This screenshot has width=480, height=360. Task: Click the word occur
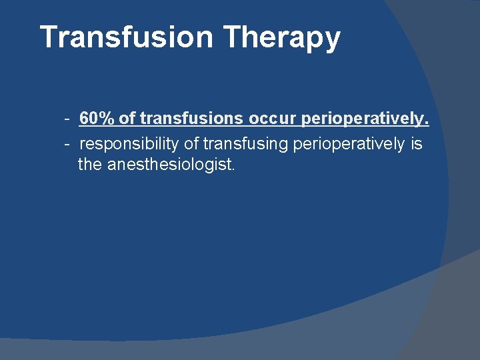(273, 120)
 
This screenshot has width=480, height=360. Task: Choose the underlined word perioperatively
(365, 119)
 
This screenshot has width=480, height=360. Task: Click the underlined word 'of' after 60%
(127, 119)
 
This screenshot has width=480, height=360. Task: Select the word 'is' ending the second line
(417, 143)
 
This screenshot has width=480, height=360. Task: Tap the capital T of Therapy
(231, 37)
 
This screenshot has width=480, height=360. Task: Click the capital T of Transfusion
(49, 37)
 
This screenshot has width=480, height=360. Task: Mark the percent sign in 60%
(107, 119)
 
